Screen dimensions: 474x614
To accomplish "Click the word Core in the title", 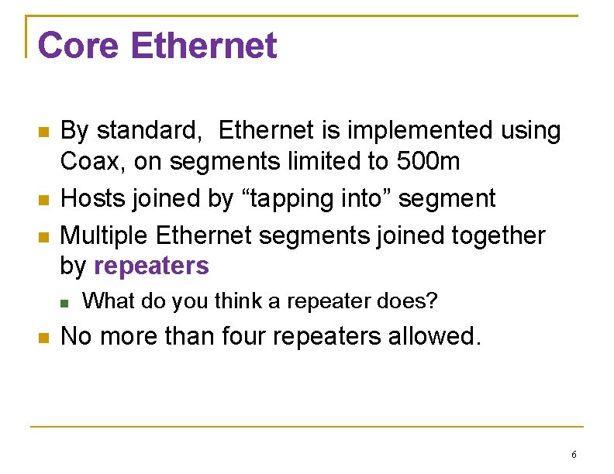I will (78, 46).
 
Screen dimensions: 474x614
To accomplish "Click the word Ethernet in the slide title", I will (203, 46).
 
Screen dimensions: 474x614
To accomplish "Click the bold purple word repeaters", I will (151, 266).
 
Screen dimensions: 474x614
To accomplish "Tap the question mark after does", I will (433, 301).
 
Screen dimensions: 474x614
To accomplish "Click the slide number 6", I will (573, 454).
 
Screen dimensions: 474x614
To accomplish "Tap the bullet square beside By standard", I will (43, 132).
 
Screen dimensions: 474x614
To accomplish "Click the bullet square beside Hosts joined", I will (43, 200).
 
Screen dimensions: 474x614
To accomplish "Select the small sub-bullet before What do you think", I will (65, 302).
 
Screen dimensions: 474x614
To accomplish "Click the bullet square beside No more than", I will (43, 338).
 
